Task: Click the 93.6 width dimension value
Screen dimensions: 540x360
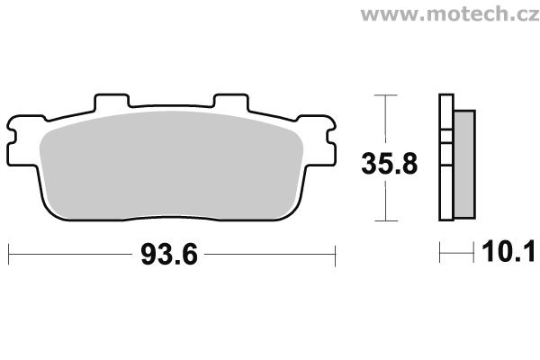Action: [x=169, y=254]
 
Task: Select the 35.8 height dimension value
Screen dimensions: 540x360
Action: [x=389, y=164]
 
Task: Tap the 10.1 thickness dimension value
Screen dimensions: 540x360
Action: [x=508, y=252]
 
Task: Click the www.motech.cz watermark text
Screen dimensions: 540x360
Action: [x=450, y=14]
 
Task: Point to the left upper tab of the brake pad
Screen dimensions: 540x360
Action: [x=112, y=102]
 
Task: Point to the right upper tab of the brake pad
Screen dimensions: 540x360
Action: [x=230, y=102]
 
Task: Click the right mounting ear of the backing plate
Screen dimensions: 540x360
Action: [x=318, y=141]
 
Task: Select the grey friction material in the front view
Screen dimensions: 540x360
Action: [x=171, y=166]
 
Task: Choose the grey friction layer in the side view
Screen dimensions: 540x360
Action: [x=465, y=165]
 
